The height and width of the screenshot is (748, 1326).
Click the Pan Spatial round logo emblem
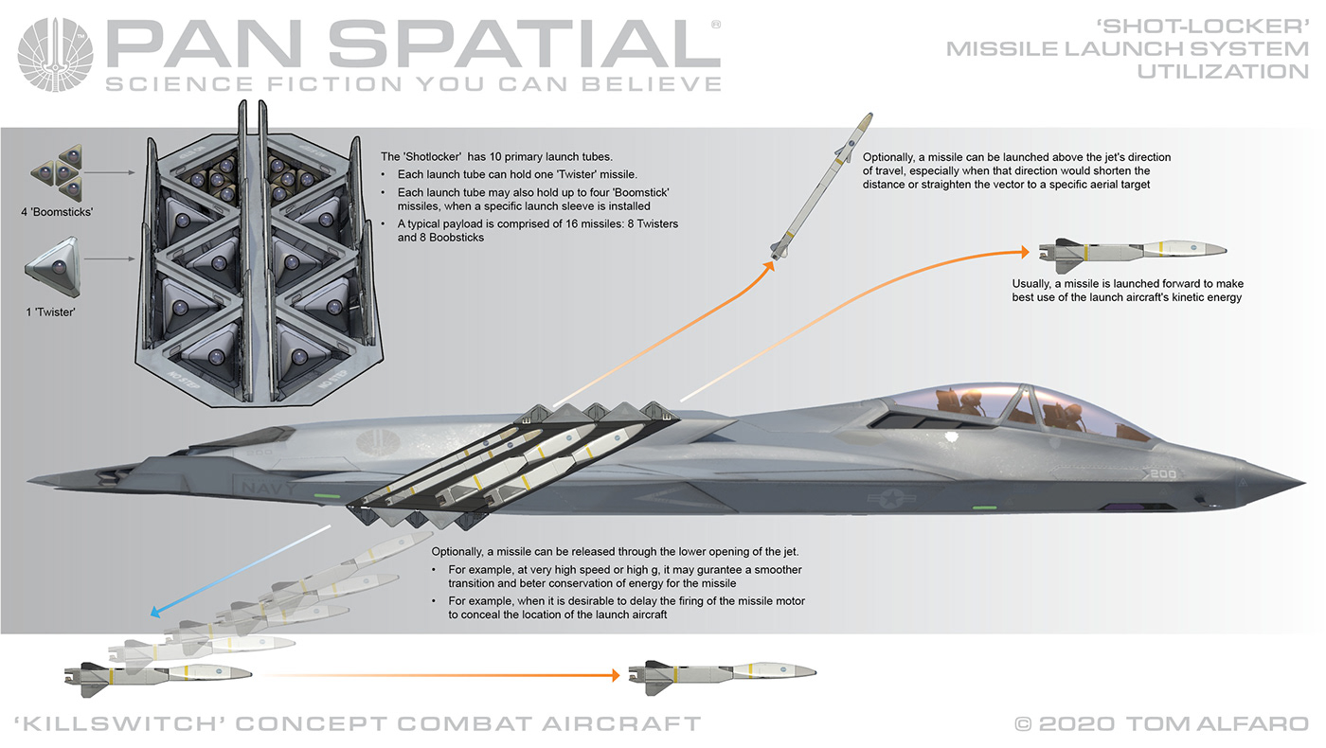(56, 56)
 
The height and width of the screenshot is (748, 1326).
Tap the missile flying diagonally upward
(818, 186)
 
